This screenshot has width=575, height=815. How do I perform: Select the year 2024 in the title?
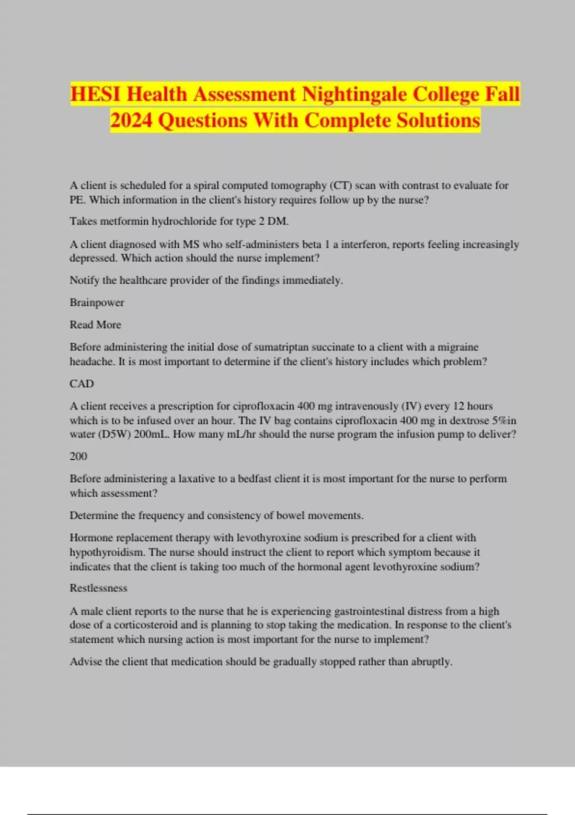pyautogui.click(x=131, y=120)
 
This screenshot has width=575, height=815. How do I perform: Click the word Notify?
pyautogui.click(x=85, y=280)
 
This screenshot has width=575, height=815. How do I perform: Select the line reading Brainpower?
pyautogui.click(x=97, y=303)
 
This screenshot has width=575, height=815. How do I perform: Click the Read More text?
pyautogui.click(x=95, y=325)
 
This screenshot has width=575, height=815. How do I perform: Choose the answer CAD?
pyautogui.click(x=81, y=384)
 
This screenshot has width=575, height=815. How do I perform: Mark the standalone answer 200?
pyautogui.click(x=78, y=456)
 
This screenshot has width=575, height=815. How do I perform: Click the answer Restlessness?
pyautogui.click(x=98, y=588)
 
